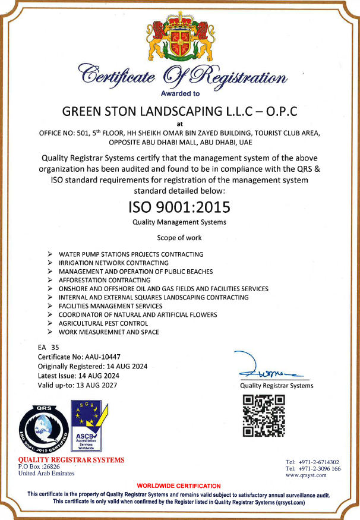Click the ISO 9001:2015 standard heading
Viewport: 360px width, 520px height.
coord(179,208)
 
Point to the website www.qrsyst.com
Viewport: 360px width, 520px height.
coord(306,475)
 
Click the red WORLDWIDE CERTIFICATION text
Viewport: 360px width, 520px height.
coord(179,486)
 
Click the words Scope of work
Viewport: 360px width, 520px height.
coord(179,238)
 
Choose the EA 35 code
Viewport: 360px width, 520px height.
coord(49,346)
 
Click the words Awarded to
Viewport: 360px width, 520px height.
coord(180,93)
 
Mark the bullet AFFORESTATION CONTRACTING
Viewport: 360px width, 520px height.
coord(104,280)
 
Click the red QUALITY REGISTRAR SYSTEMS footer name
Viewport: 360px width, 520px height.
coord(71,459)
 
